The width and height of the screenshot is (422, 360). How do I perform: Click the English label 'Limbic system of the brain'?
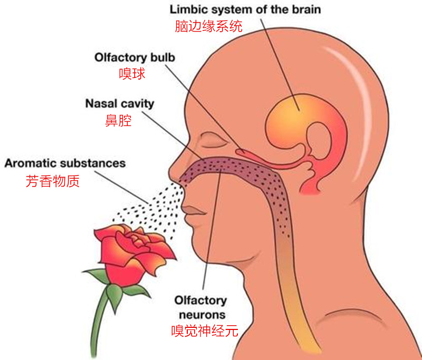245,10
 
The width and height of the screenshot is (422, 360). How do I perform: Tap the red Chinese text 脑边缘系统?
208,26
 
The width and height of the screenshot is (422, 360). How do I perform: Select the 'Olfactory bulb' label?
135,57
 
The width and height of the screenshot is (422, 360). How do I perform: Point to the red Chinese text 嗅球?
132,74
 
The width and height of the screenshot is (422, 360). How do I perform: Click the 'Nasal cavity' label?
120,104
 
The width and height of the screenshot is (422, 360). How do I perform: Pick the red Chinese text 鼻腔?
118,120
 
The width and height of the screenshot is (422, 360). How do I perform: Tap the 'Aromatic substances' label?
65,163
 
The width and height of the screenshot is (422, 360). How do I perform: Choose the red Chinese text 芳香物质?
53,181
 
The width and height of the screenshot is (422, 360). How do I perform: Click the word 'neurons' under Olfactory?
202,315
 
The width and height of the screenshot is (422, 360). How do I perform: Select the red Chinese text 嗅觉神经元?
205,330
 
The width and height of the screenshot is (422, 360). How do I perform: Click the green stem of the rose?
98,323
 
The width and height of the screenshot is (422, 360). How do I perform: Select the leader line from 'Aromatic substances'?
121,187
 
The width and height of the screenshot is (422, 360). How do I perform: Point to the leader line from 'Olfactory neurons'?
212,230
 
